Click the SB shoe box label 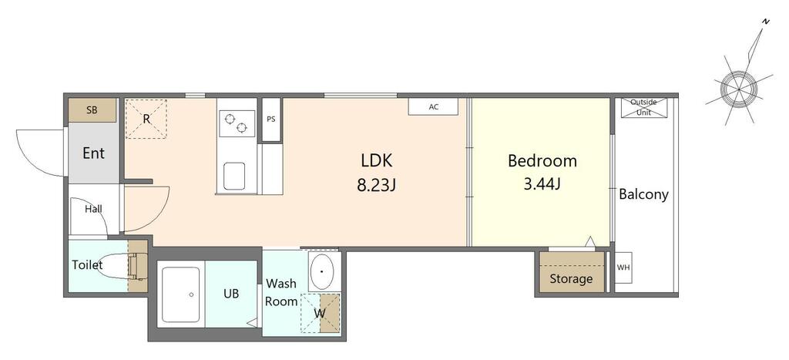coord(92,109)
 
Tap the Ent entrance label coord(93,153)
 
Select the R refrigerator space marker coord(146,119)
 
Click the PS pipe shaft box coord(271,119)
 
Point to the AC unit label coord(434,106)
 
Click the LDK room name coord(376,160)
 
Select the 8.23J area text coord(376,186)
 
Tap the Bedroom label coord(542,161)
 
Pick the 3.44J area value coord(542,185)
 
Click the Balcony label coord(643,194)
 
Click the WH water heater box coord(623,267)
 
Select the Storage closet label coord(571,278)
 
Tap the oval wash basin coord(321,271)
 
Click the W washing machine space coord(321,313)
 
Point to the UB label coord(231,294)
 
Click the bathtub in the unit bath coord(181,294)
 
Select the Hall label coord(93,208)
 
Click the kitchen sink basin coord(234,176)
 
